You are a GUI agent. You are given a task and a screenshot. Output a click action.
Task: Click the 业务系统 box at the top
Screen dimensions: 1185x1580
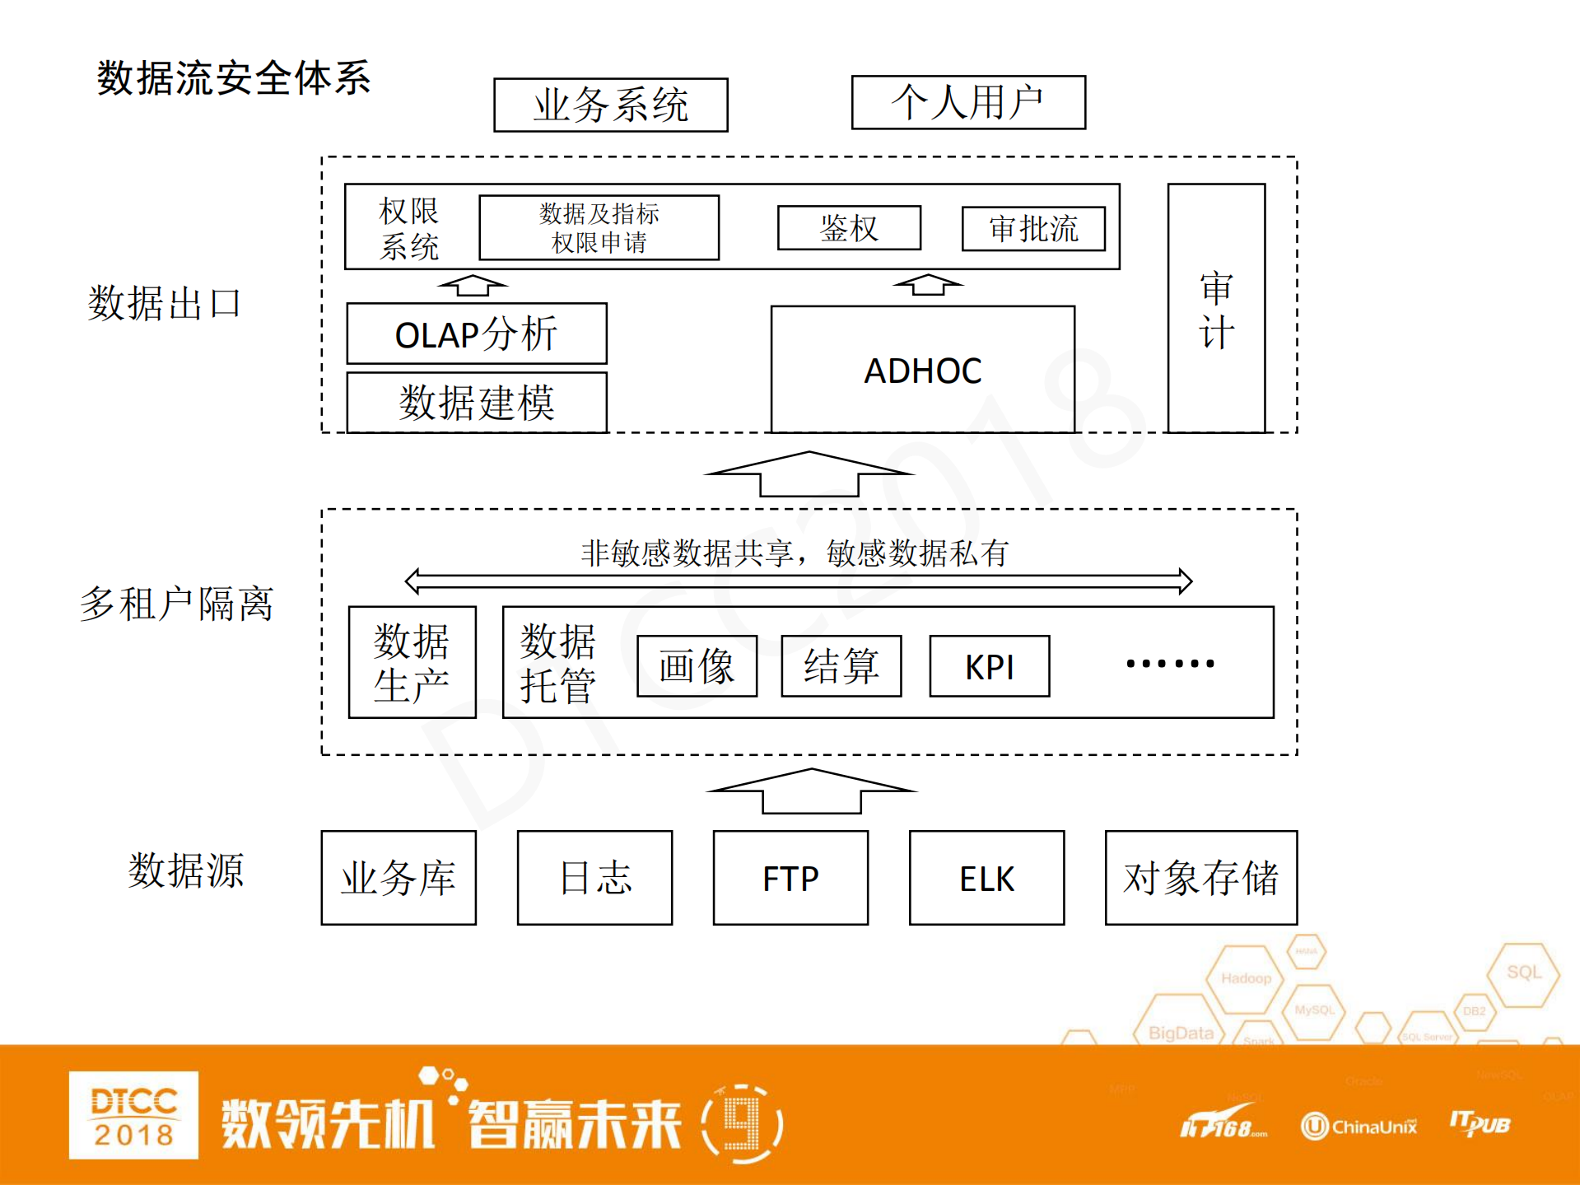point(610,105)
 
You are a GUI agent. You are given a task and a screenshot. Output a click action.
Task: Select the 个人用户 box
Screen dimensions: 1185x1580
point(967,103)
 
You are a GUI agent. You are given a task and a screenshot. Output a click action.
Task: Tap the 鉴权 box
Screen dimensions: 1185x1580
point(849,228)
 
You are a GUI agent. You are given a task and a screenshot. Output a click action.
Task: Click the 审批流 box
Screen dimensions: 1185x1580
point(1032,229)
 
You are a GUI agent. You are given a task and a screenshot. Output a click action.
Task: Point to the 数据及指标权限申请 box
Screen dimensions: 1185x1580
point(599,228)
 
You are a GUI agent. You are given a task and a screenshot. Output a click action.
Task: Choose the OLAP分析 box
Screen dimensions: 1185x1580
point(476,334)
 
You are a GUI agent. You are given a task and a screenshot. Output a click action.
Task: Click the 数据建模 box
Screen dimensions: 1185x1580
point(476,403)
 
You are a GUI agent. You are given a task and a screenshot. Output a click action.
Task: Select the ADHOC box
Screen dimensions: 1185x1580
point(922,370)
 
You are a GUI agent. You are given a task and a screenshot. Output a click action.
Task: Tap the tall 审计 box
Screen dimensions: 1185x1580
point(1215,309)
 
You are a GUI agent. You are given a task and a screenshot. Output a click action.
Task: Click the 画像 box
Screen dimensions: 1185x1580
point(697,666)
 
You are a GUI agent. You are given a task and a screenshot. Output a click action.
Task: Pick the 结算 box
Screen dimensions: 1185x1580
point(841,666)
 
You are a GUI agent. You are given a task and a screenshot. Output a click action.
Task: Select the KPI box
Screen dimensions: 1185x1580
point(989,666)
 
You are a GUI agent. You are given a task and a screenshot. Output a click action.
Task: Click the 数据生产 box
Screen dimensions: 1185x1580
point(412,663)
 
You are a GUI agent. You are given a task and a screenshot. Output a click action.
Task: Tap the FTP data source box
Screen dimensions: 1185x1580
point(790,878)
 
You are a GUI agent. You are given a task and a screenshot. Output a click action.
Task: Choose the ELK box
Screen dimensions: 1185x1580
point(986,878)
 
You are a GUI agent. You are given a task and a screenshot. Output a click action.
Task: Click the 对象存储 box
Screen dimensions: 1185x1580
point(1200,878)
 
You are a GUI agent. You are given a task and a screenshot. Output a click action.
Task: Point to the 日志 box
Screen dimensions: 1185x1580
point(594,878)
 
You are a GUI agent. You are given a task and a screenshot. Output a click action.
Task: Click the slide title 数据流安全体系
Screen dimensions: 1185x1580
point(234,79)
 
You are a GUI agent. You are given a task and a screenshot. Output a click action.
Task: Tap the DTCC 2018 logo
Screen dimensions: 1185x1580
point(133,1115)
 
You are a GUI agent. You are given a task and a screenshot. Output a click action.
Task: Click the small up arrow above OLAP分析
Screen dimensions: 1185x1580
point(473,286)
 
